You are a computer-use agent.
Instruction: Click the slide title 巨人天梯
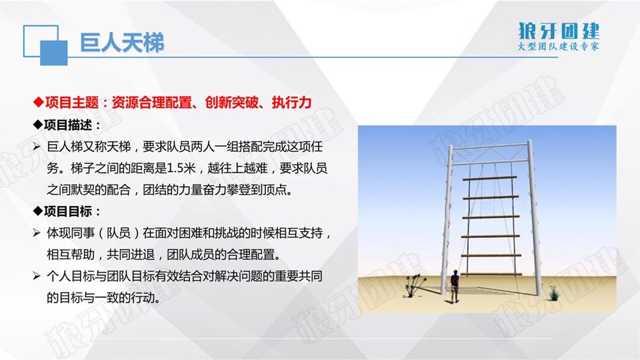click(x=121, y=43)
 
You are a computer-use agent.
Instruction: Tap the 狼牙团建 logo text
click(x=559, y=31)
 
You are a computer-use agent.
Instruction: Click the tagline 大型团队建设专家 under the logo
click(x=558, y=46)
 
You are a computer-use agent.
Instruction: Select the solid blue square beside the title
click(x=54, y=53)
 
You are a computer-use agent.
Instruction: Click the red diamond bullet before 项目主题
click(x=39, y=102)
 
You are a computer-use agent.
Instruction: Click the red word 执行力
click(x=291, y=102)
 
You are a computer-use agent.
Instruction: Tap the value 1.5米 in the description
click(x=181, y=168)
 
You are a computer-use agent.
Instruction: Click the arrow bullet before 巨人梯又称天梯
click(x=37, y=147)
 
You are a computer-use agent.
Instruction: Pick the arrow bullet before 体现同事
click(x=37, y=233)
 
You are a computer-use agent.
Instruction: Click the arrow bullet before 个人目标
click(x=37, y=276)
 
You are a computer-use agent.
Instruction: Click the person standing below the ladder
click(x=454, y=286)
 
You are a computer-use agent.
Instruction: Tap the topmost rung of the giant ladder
click(x=489, y=179)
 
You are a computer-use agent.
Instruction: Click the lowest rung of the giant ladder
click(x=491, y=274)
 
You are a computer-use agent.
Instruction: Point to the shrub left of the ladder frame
click(x=414, y=285)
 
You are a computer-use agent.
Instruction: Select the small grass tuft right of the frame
click(x=554, y=293)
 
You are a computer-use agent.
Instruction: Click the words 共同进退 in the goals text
click(x=131, y=255)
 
